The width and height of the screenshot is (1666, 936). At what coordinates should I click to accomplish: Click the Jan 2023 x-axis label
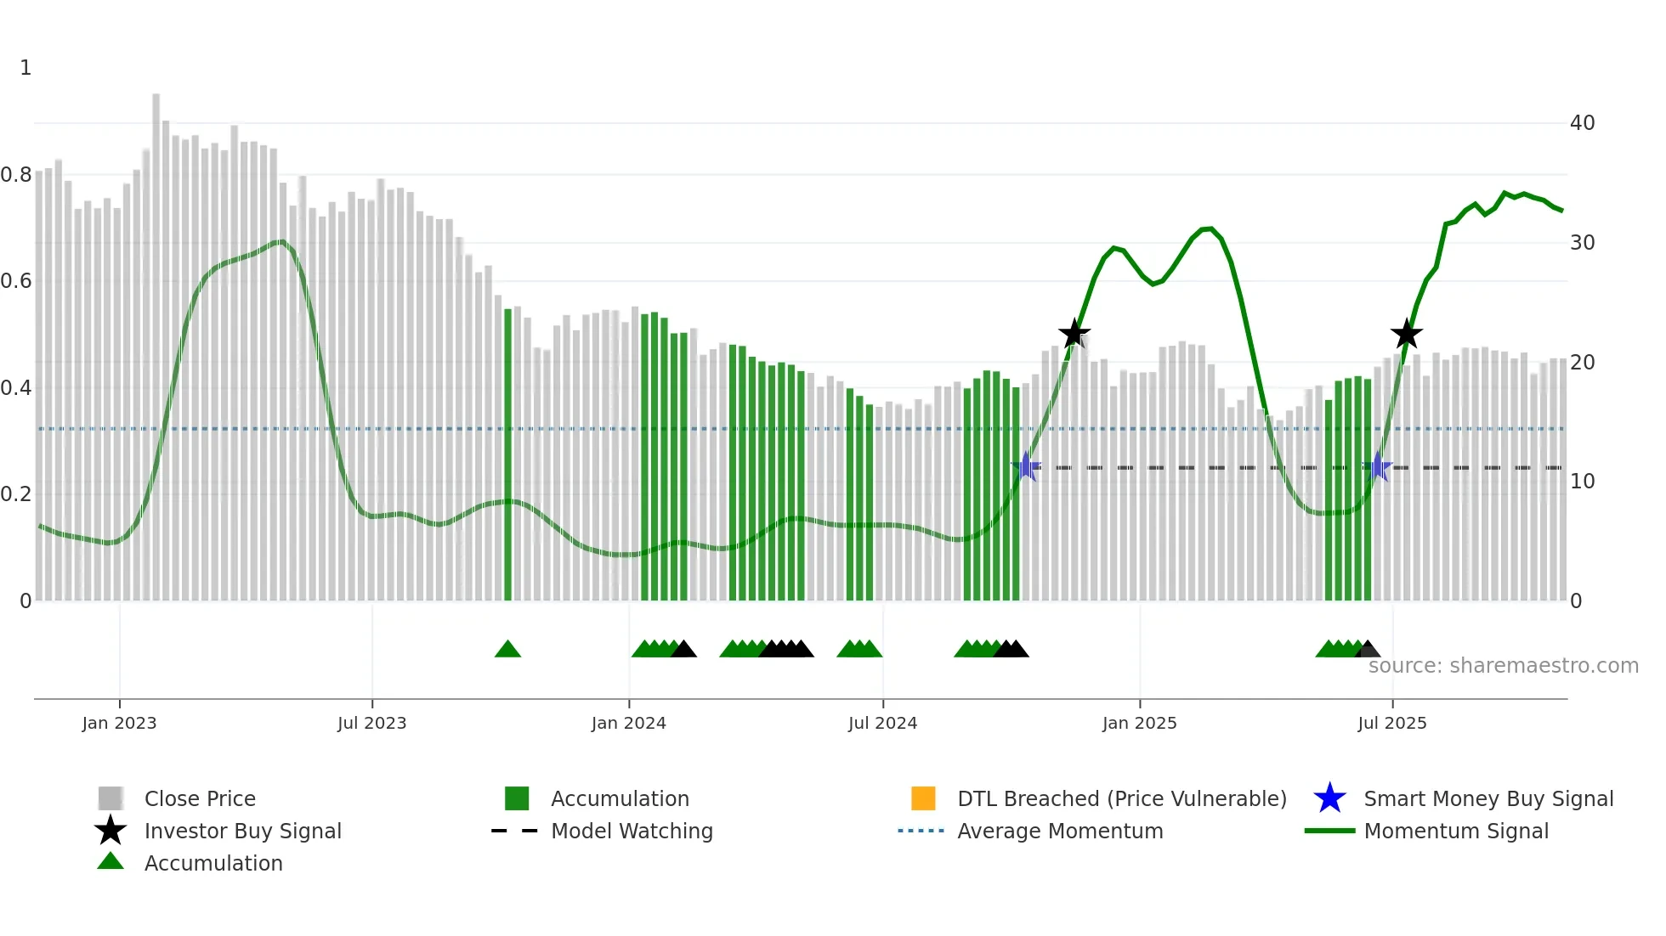click(119, 723)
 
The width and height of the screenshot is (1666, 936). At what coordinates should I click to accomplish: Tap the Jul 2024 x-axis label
click(882, 723)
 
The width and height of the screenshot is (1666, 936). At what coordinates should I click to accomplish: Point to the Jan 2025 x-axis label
click(1139, 723)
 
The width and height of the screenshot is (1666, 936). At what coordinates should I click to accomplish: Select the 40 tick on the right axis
click(1582, 123)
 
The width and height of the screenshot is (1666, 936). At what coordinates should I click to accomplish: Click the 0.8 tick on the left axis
click(16, 175)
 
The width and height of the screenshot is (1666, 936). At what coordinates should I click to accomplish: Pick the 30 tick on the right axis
click(1582, 243)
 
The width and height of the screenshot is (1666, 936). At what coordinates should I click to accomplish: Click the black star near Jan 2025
click(1074, 334)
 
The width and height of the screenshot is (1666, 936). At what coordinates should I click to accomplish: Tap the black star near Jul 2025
click(1407, 334)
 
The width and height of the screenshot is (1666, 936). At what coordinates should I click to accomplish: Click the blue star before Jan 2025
click(1026, 466)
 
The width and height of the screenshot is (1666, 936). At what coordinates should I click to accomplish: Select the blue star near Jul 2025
click(1377, 467)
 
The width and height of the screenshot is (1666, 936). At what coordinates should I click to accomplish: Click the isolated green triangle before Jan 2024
click(507, 650)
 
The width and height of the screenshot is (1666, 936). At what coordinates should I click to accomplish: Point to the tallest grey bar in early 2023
click(156, 340)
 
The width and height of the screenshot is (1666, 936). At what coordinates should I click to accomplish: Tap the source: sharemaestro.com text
click(1503, 666)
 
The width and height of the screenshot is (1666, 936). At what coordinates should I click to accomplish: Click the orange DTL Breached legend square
click(923, 798)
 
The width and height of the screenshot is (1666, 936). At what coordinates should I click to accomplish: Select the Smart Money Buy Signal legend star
click(1329, 798)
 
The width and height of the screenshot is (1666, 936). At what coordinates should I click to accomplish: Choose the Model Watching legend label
click(632, 831)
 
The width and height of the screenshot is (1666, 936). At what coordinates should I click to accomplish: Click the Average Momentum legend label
click(1060, 831)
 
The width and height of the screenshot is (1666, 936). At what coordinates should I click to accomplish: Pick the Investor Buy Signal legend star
click(110, 831)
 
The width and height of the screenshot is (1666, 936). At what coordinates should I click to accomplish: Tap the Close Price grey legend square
click(110, 798)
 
